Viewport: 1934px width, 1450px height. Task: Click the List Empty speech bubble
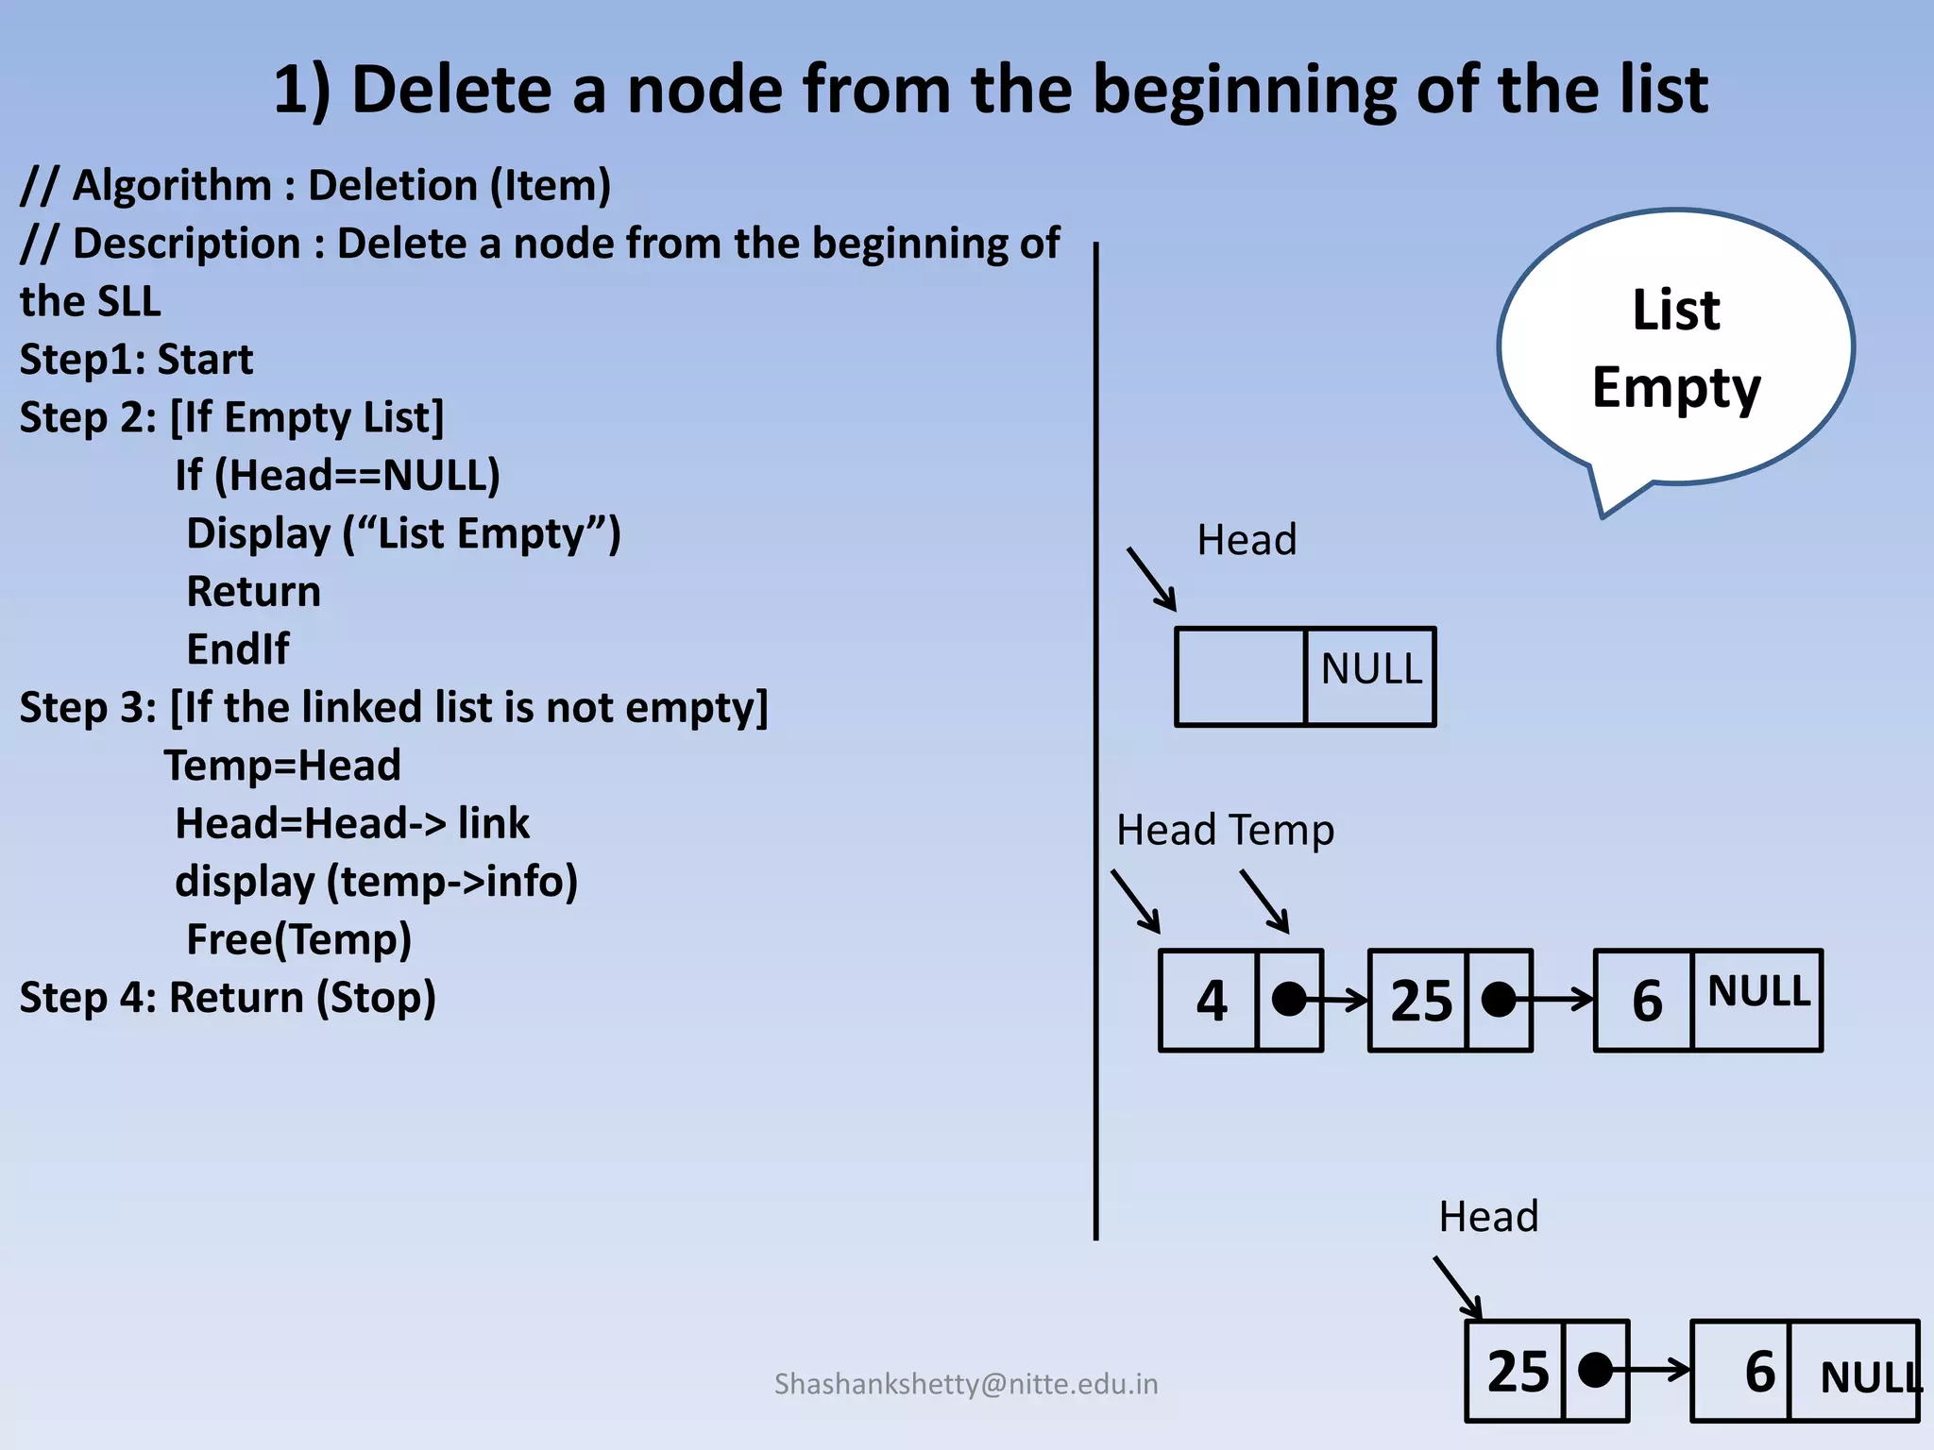pos(1675,349)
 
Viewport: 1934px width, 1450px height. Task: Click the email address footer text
pos(965,1384)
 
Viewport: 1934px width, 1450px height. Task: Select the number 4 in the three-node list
pos(1211,1001)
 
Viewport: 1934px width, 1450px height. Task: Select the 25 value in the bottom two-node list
pos(1518,1372)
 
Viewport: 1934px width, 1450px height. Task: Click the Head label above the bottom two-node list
pos(1488,1217)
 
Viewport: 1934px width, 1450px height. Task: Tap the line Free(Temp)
pos(298,939)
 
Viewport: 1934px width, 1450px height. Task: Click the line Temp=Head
pos(283,766)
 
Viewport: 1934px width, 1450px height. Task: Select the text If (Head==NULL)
pos(337,475)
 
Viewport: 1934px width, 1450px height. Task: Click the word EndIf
pos(238,649)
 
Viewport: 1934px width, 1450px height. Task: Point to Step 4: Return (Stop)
pos(228,998)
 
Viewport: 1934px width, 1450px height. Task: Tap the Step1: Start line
pos(137,360)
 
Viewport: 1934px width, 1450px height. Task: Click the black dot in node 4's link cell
pos(1289,999)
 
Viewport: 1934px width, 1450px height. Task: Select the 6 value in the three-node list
pos(1647,1001)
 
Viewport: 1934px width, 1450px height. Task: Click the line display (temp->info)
pos(376,882)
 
